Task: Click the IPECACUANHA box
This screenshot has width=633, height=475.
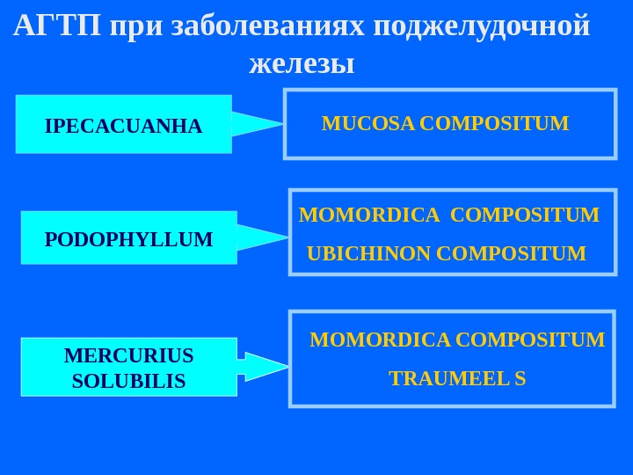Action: click(x=123, y=125)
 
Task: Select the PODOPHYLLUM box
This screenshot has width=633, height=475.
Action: click(x=128, y=238)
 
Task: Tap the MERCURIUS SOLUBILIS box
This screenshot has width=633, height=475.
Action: click(x=128, y=368)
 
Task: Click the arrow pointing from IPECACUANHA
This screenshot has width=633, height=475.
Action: click(x=256, y=124)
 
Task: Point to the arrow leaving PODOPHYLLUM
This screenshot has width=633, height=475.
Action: click(x=261, y=237)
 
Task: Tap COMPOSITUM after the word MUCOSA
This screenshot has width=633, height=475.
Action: click(x=495, y=123)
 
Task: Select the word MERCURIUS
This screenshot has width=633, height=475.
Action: click(x=128, y=355)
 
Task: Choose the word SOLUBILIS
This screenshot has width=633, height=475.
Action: click(x=128, y=381)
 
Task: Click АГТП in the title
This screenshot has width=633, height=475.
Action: click(x=57, y=26)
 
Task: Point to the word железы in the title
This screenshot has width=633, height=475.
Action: click(x=302, y=63)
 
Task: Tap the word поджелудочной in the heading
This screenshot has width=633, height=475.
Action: click(x=481, y=26)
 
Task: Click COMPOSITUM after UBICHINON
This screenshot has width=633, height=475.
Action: click(x=511, y=254)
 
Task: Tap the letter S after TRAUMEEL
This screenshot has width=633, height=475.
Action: click(x=520, y=379)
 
